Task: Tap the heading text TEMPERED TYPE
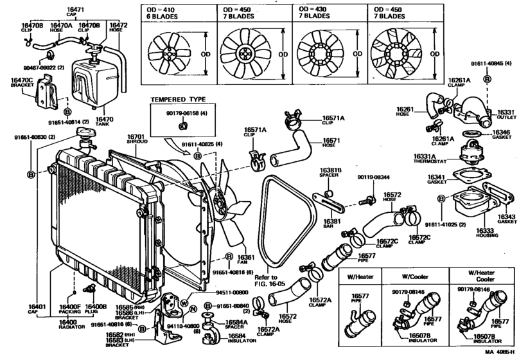tap(178, 100)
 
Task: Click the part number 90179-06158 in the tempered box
tap(178, 114)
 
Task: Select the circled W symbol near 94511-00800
tap(184, 302)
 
